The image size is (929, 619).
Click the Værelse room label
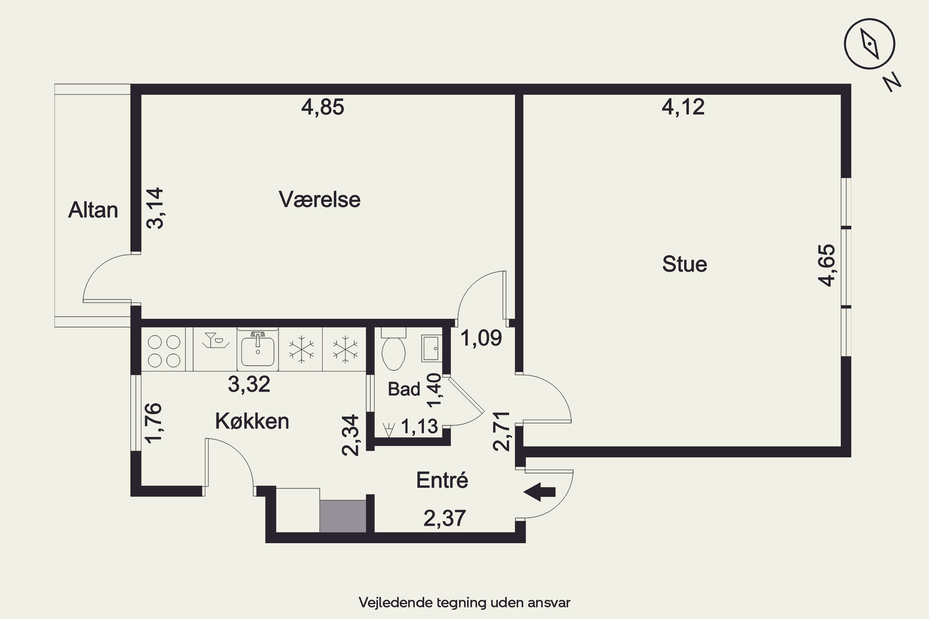pyautogui.click(x=320, y=199)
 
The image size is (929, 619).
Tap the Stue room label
pyautogui.click(x=684, y=264)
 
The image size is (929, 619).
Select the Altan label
pyautogui.click(x=93, y=210)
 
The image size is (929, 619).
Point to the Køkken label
pyautogui.click(x=252, y=421)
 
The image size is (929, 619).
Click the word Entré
pyautogui.click(x=442, y=480)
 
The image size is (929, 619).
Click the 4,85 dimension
pyautogui.click(x=323, y=107)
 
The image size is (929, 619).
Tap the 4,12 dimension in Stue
pyautogui.click(x=683, y=107)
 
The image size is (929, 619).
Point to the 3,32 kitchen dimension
pyautogui.click(x=249, y=384)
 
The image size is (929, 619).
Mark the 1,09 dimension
pyautogui.click(x=481, y=338)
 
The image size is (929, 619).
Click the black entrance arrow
pyautogui.click(x=539, y=492)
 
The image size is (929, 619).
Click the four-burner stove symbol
pyautogui.click(x=164, y=351)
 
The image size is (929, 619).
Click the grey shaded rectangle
pyautogui.click(x=343, y=516)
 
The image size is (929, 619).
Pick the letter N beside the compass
pyautogui.click(x=892, y=83)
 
